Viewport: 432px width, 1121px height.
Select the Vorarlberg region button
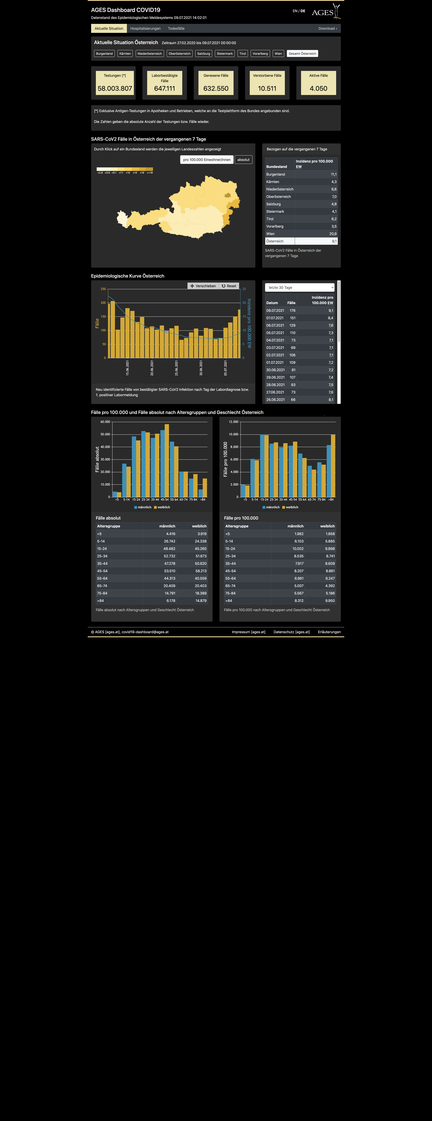click(x=260, y=54)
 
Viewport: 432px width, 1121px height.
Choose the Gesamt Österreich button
click(x=302, y=54)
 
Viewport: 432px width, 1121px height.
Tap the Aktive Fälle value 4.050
click(x=318, y=88)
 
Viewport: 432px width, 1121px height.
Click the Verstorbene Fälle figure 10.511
click(x=267, y=88)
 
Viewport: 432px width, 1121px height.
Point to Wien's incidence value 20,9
click(x=333, y=234)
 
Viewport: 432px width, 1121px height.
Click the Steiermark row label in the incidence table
click(x=275, y=211)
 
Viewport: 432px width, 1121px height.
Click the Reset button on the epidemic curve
click(x=229, y=286)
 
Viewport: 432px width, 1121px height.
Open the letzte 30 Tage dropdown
click(x=300, y=288)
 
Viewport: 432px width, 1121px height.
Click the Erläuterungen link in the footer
click(x=329, y=632)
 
